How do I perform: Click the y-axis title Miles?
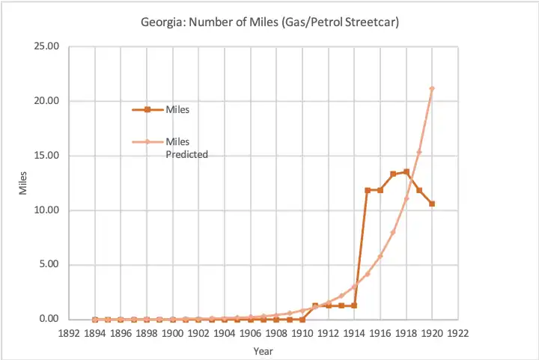[x=23, y=183]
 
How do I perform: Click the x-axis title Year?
[x=262, y=350]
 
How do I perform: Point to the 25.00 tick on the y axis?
[x=46, y=46]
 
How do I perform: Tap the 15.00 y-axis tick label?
[x=46, y=156]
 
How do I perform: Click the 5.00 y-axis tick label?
[x=49, y=265]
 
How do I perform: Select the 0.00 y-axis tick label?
[x=49, y=320]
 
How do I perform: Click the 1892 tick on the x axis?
[x=69, y=334]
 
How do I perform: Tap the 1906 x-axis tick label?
[x=250, y=334]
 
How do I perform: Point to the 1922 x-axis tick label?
[x=457, y=334]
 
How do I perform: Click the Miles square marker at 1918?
[x=406, y=172]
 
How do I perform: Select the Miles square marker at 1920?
[x=432, y=204]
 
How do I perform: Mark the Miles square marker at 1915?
[x=368, y=190]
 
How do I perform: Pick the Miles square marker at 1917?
[x=393, y=174]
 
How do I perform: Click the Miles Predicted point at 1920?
[x=432, y=88]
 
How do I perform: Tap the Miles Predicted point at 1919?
[x=419, y=152]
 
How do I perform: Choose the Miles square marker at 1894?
[x=95, y=320]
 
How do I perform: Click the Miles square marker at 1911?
[x=315, y=305]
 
